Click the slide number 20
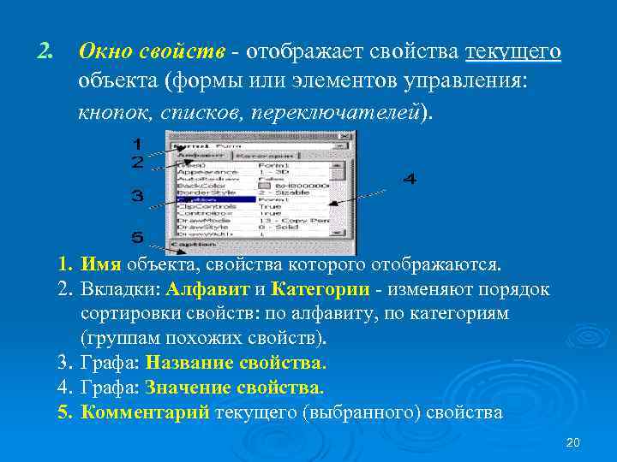click(573, 441)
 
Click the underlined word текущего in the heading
click(512, 53)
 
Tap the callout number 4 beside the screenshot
click(410, 180)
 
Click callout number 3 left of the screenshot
click(137, 197)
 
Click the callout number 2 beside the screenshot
click(137, 161)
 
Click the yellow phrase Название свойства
click(236, 363)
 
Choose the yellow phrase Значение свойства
click(235, 388)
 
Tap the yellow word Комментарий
click(145, 412)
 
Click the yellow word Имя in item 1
click(102, 264)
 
